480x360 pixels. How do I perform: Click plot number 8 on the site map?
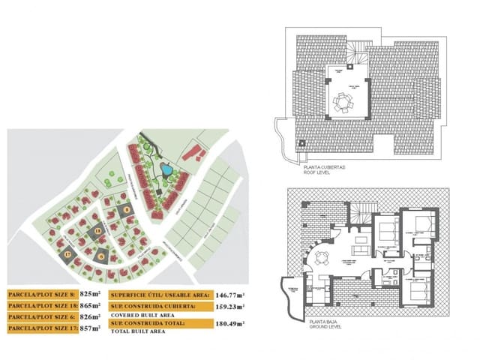tap(127, 210)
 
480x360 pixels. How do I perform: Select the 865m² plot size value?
tap(91, 307)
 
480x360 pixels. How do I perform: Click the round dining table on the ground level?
tap(324, 260)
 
